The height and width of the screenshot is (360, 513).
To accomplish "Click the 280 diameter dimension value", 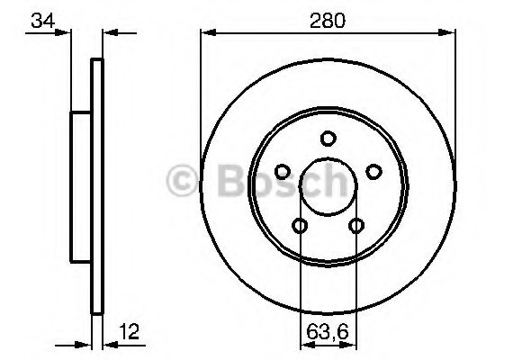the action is pos(328,21).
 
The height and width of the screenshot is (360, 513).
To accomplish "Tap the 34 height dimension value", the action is pos(43,21).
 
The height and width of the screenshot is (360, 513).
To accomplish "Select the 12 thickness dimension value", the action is pos(130,331).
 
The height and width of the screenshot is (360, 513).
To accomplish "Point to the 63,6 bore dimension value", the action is pos(328,332).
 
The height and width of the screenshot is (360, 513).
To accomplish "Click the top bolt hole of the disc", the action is pos(328,139).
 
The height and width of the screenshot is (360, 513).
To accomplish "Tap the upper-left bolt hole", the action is pos(283,172).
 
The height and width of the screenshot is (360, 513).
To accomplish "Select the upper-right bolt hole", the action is pos(373,172).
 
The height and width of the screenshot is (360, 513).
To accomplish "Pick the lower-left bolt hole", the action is pos(300,226).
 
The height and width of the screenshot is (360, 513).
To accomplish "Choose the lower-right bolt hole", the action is pos(356,226).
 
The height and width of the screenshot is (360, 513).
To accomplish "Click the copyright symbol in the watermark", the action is pos(182,180).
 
